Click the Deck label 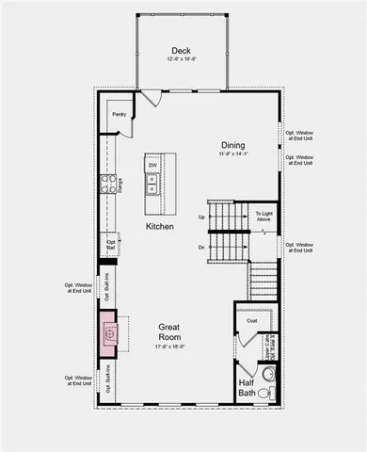click(x=183, y=51)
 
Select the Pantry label click(x=120, y=115)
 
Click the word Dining click(x=233, y=145)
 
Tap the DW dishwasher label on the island click(x=152, y=166)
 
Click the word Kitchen click(x=159, y=227)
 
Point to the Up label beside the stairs click(x=201, y=217)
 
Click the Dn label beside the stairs click(x=201, y=247)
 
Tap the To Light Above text click(x=264, y=218)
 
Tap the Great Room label click(x=176, y=333)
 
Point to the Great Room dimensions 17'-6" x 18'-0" click(x=176, y=347)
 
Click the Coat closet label click(x=251, y=321)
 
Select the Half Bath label click(x=247, y=388)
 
